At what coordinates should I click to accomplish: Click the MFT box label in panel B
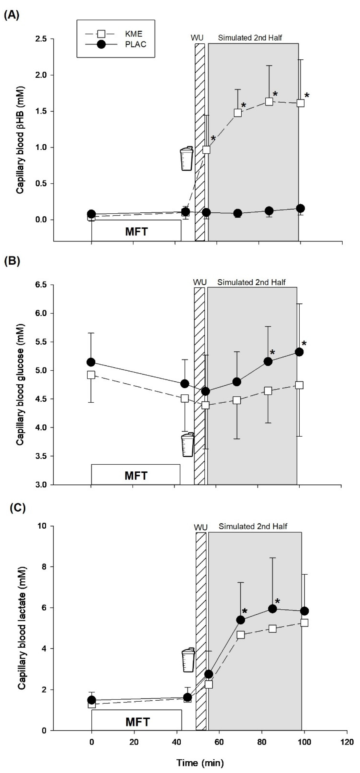point(136,476)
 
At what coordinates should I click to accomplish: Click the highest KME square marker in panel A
point(269,101)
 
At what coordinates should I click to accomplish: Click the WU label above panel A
point(197,38)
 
